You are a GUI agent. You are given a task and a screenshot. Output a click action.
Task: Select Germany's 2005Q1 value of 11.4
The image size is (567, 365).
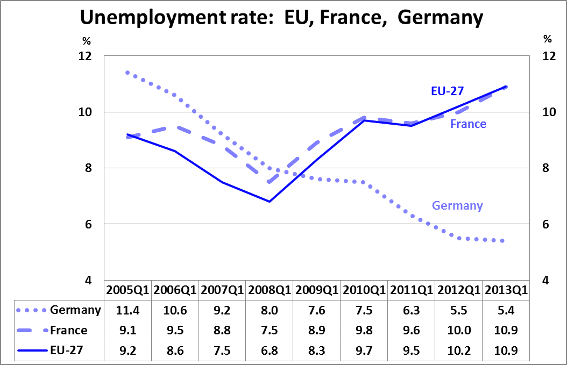pos(127,310)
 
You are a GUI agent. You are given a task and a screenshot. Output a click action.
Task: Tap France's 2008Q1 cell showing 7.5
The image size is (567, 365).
pos(270,330)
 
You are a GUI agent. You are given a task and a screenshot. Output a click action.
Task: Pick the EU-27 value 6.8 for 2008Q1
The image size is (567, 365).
pos(270,350)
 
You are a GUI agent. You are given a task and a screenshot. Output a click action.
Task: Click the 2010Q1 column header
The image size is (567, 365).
pos(364,290)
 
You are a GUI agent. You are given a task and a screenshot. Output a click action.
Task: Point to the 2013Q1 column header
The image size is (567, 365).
pos(506,290)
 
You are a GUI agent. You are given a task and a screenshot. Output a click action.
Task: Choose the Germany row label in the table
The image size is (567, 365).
pos(75,310)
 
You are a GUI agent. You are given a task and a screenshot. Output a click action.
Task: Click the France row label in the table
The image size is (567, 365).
pos(68,330)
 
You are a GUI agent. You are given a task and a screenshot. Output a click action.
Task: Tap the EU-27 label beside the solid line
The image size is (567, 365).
pos(447,90)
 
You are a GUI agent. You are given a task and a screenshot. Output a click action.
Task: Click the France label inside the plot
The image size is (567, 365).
pos(468,124)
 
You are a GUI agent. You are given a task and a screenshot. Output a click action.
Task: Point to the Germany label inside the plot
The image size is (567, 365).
pos(457,205)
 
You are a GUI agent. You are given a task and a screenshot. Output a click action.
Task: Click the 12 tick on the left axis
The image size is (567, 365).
pos(86,56)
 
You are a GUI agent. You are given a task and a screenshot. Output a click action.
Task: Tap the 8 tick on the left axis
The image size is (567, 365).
pos(88,168)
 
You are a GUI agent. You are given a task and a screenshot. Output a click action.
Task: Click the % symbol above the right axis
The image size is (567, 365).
pos(548,39)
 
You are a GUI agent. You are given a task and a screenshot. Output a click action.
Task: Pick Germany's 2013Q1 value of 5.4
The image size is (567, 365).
pos(506,310)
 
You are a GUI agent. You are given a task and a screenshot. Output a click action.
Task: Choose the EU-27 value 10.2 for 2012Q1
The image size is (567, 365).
pos(458,350)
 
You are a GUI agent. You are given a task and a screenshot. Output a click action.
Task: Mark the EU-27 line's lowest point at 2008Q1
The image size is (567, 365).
pos(270,202)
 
